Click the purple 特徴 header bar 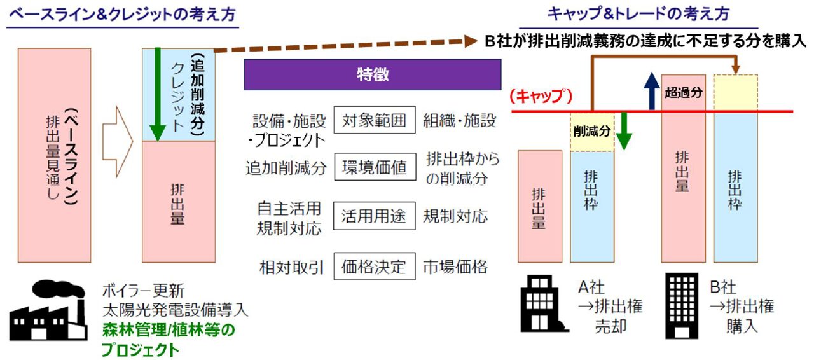373,74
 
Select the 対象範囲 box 375,120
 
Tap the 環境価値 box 375,167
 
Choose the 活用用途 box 375,216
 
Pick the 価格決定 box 375,267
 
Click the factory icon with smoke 48,310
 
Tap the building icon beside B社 682,306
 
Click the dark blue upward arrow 652,91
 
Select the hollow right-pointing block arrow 118,142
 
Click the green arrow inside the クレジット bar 157,95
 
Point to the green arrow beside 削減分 624,131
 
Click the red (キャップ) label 541,97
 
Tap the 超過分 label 683,92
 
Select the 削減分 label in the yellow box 592,131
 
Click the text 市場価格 455,267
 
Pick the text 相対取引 291,268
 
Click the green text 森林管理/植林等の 169,330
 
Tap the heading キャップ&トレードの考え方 638,14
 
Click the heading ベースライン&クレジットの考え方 123,15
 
